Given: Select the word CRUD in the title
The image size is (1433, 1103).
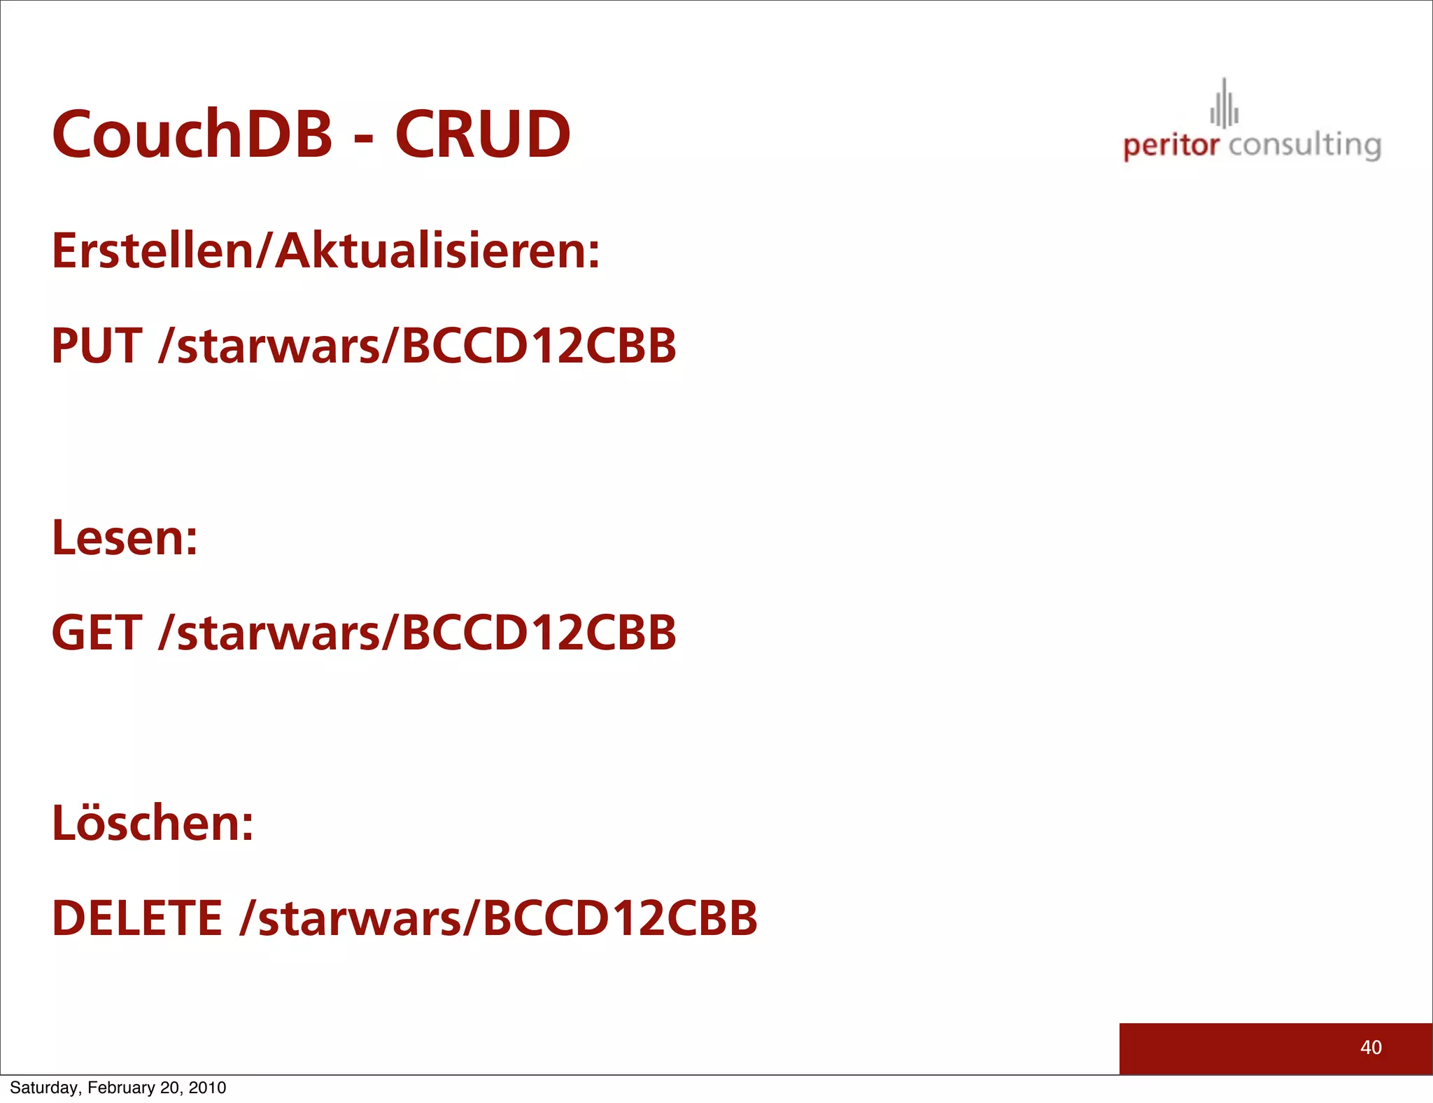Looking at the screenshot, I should (x=483, y=134).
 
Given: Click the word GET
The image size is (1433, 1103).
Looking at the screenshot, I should (x=97, y=633).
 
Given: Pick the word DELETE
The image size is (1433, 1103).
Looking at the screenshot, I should (x=137, y=918).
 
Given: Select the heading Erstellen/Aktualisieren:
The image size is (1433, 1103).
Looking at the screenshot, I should (x=326, y=251).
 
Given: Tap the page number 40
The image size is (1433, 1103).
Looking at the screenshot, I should (x=1371, y=1048).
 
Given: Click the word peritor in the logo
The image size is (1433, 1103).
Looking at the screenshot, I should (x=1171, y=146).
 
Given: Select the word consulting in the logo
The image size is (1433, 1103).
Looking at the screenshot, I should (x=1305, y=146).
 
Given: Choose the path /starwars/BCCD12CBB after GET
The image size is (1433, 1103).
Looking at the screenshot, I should (x=418, y=633).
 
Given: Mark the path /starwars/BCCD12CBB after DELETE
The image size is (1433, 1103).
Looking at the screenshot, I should (x=498, y=918).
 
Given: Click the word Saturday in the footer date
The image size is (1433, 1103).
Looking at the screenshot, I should (x=44, y=1088).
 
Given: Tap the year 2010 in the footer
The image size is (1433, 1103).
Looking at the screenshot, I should (x=207, y=1088).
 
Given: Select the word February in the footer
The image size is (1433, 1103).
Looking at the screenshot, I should (x=121, y=1088).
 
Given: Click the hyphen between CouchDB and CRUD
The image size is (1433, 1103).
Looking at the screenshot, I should (x=363, y=137).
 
